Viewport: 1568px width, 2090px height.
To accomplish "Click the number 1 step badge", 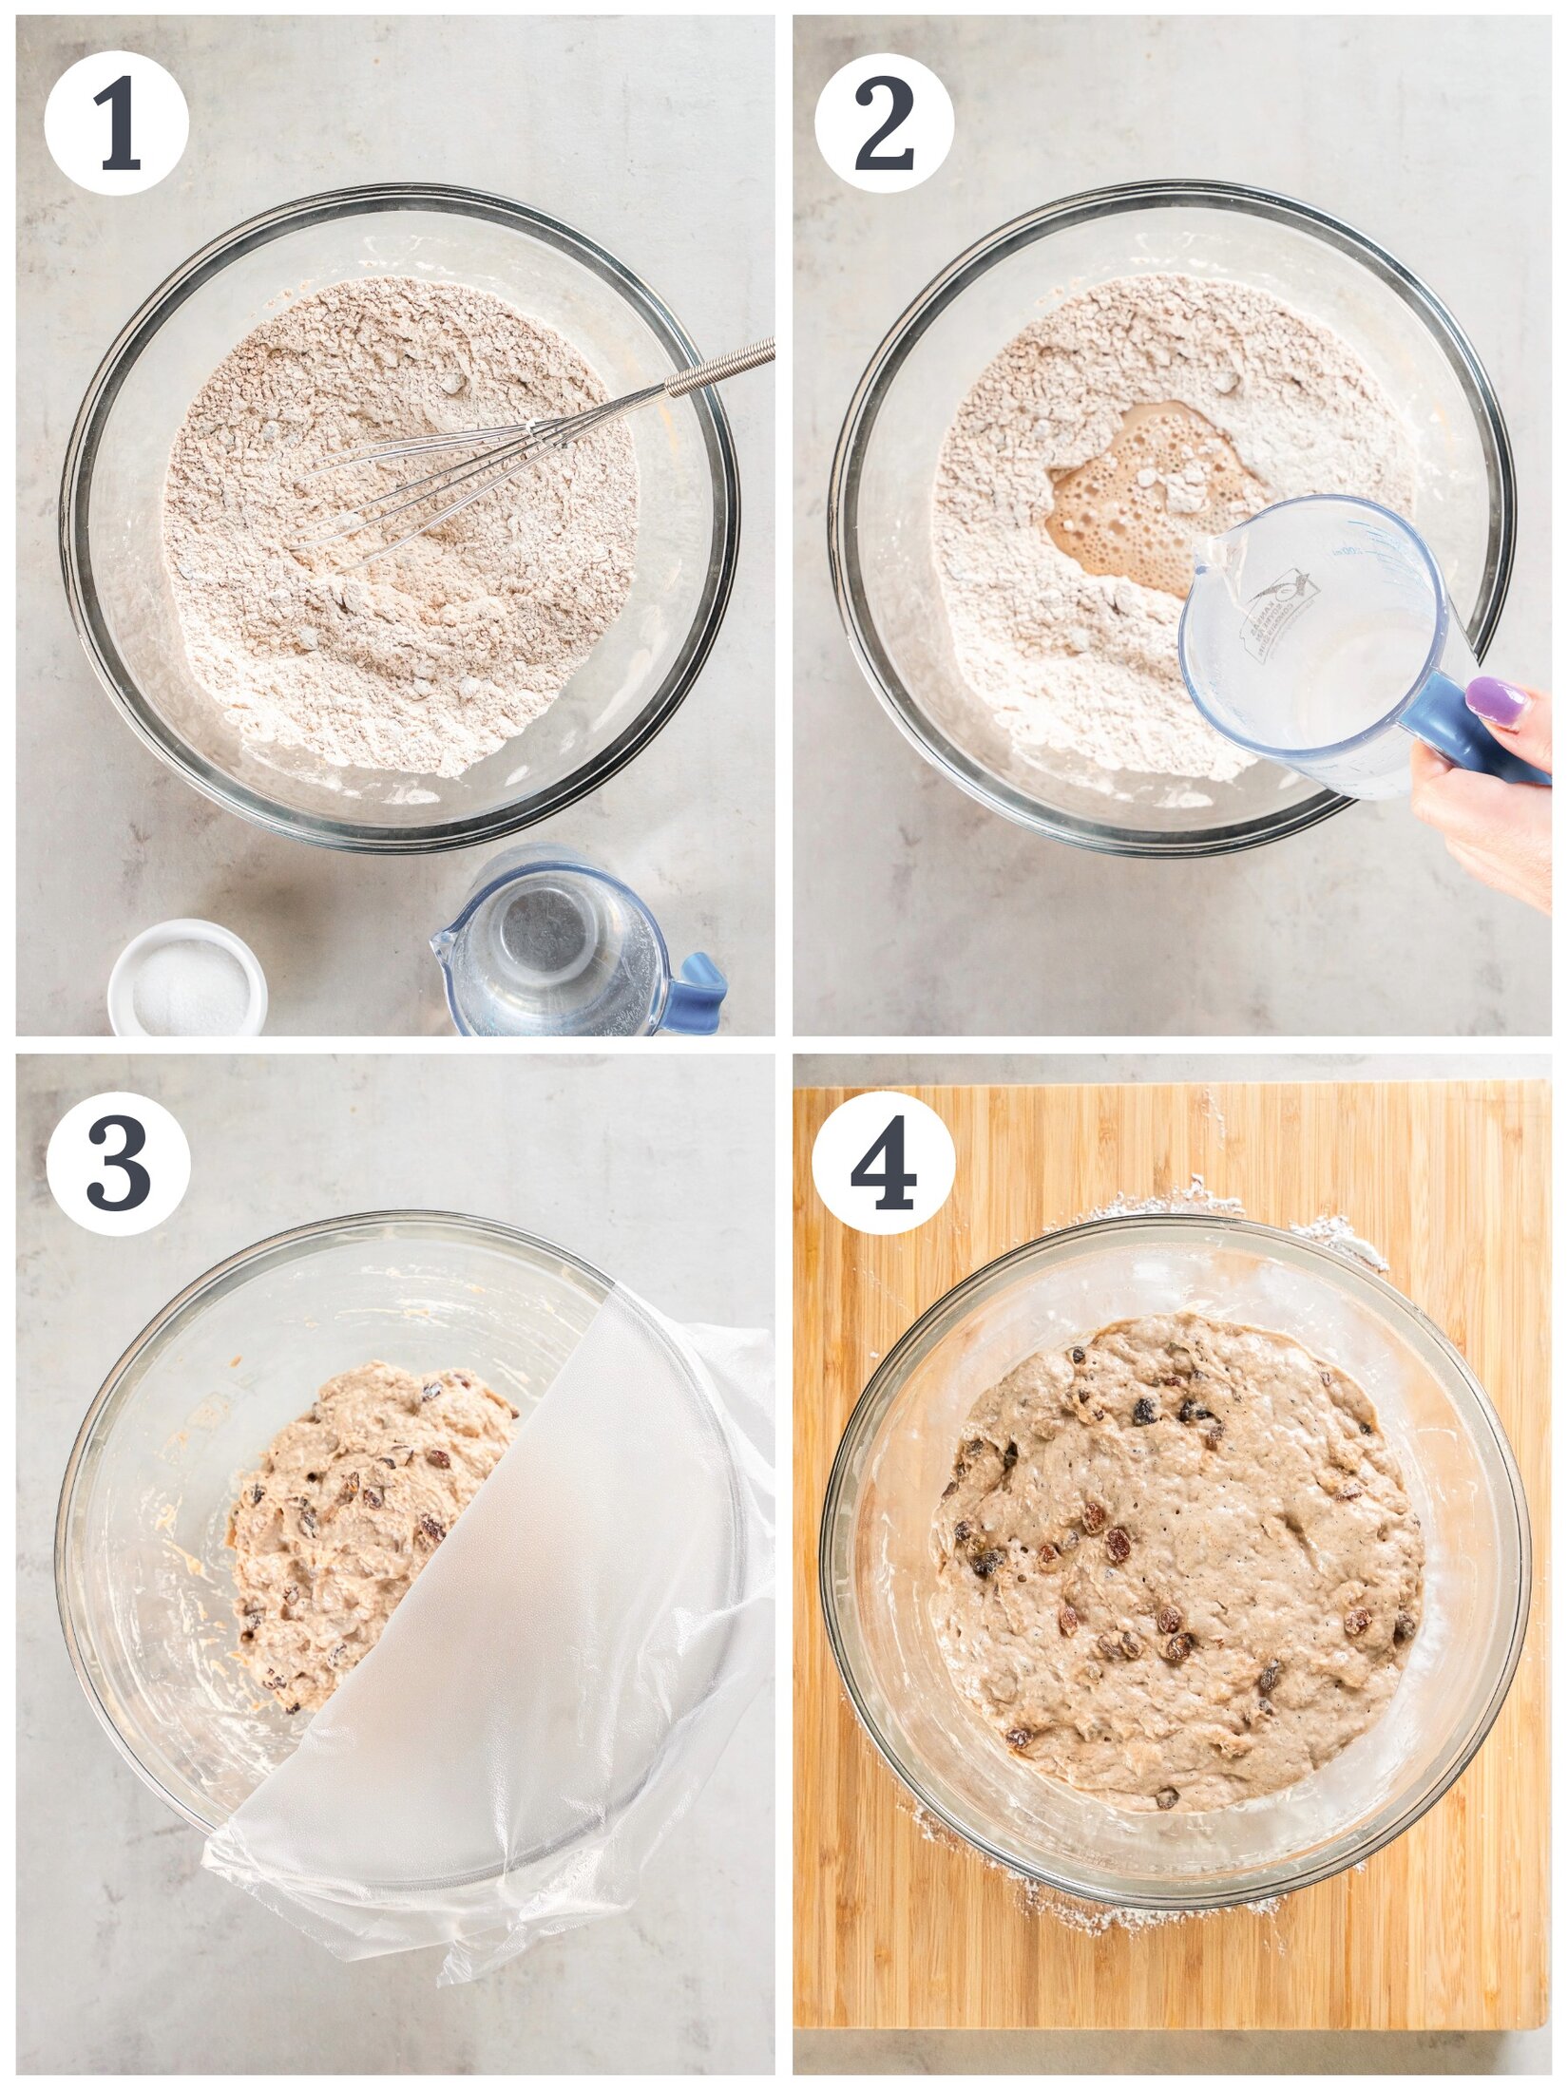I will [x=116, y=123].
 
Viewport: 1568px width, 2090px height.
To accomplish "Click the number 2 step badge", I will [x=884, y=123].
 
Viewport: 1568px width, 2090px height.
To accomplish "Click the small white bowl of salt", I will [x=187, y=978].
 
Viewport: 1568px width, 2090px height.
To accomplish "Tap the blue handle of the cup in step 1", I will [x=698, y=993].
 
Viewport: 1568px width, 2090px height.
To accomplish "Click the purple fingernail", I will [x=1498, y=701].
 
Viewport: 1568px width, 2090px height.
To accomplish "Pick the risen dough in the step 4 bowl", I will [x=1178, y=1558].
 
